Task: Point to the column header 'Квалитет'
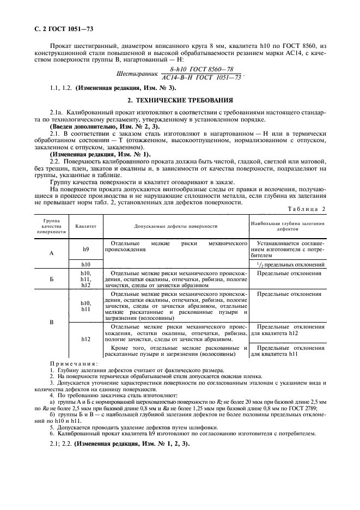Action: (x=86, y=225)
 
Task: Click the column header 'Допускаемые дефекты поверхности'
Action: (x=176, y=225)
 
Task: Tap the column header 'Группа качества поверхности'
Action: (x=51, y=226)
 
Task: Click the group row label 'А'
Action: (x=51, y=253)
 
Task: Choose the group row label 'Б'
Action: (x=51, y=278)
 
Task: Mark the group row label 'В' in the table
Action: (x=51, y=322)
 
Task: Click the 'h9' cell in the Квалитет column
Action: (x=86, y=249)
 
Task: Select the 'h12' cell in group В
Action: (x=86, y=339)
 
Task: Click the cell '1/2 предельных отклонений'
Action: (x=288, y=264)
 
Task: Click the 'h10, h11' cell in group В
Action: (x=86, y=306)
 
